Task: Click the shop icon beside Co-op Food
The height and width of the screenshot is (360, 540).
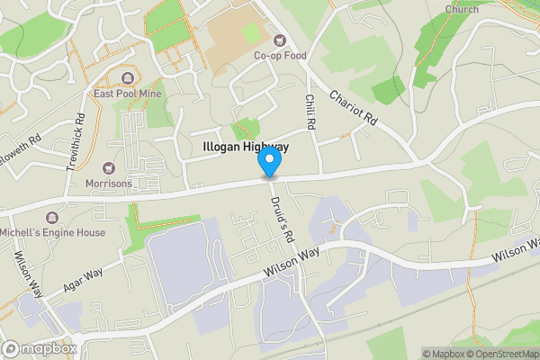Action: point(278,39)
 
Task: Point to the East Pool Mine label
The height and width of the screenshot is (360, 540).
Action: point(127,92)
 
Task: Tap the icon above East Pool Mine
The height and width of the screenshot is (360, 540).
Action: point(127,76)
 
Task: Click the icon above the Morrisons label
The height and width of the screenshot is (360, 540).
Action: point(110,167)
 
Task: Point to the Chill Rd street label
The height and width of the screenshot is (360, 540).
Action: point(311,112)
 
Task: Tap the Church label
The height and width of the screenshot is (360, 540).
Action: point(461,9)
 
